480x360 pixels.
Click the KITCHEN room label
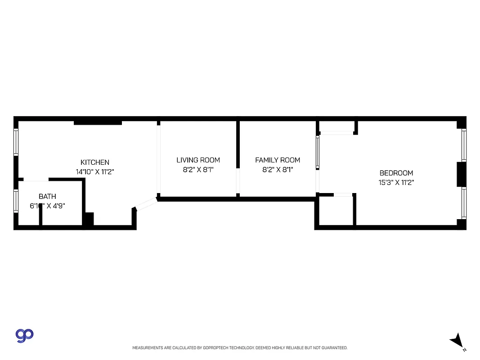pos(94,162)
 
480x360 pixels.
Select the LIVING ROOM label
pos(198,160)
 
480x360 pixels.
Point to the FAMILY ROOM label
pos(278,160)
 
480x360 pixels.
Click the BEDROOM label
pos(396,173)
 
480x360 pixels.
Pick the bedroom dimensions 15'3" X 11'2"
pos(396,183)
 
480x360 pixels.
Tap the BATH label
pos(47,196)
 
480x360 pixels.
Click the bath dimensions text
pos(47,206)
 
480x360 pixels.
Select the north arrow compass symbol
pos(458,341)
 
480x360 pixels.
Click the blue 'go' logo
pos(25,335)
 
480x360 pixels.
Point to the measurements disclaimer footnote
pos(240,348)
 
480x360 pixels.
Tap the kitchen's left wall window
pos(16,142)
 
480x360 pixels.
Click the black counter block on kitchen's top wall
pos(98,122)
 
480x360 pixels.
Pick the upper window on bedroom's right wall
pos(464,145)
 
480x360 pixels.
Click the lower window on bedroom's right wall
pos(464,203)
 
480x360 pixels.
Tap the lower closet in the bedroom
pos(336,211)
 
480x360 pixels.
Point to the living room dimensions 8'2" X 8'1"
pos(198,170)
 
